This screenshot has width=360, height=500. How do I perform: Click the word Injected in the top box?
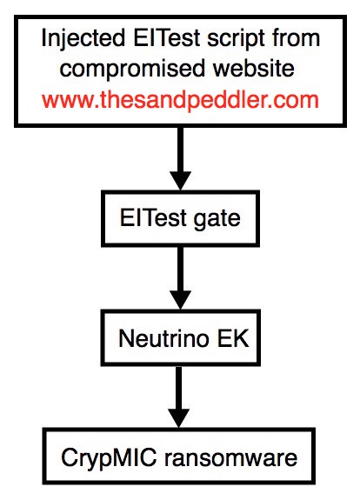click(83, 39)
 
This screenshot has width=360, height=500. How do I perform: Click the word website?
click(254, 68)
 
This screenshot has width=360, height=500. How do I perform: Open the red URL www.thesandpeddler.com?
click(180, 100)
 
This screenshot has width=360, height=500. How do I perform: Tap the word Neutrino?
click(163, 337)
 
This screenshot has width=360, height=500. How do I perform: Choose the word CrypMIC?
click(109, 458)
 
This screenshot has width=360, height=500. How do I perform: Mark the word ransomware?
click(231, 458)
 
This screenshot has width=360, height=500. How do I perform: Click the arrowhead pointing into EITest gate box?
click(181, 181)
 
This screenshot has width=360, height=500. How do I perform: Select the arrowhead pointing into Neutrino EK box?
click(181, 300)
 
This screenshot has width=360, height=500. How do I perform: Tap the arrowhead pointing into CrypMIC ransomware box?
click(179, 418)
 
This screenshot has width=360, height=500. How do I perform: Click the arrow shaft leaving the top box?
click(181, 150)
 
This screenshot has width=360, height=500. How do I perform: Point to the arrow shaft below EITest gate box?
click(181, 269)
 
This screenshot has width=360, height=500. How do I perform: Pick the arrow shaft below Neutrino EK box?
click(179, 388)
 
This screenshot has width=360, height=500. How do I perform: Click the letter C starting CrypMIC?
click(69, 457)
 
